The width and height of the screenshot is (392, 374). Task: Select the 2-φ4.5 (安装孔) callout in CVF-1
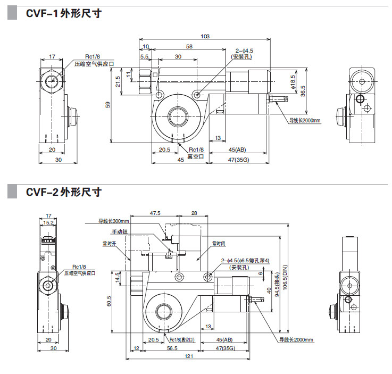click(x=244, y=53)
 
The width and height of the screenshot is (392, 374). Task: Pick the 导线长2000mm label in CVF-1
click(x=305, y=120)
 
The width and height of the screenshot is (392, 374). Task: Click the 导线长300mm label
click(x=114, y=221)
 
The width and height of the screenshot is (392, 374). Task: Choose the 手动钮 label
click(x=120, y=232)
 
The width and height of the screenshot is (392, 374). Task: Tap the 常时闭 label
click(x=219, y=244)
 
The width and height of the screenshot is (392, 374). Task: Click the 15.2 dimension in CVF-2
click(x=48, y=222)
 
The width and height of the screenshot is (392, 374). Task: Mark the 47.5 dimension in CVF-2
click(x=155, y=213)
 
